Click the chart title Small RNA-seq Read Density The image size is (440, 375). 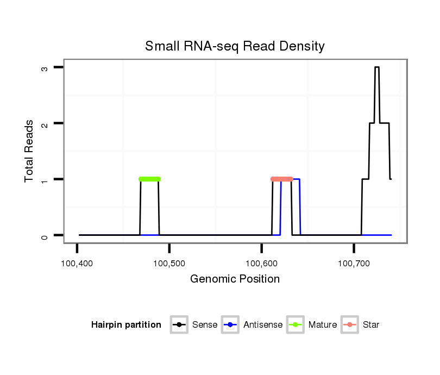pyautogui.click(x=235, y=46)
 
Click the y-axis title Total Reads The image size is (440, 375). pyautogui.click(x=29, y=151)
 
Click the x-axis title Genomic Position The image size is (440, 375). pyautogui.click(x=235, y=279)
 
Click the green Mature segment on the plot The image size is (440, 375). pyautogui.click(x=149, y=179)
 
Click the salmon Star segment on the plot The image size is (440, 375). pyautogui.click(x=282, y=179)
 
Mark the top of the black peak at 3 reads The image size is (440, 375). pyautogui.click(x=377, y=67)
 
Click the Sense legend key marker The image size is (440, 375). pyautogui.click(x=179, y=325)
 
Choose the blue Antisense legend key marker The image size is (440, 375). pyautogui.click(x=230, y=325)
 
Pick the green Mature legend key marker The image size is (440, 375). pyautogui.click(x=295, y=325)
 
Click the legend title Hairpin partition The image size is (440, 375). pyautogui.click(x=126, y=325)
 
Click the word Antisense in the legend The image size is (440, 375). pyautogui.click(x=263, y=325)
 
